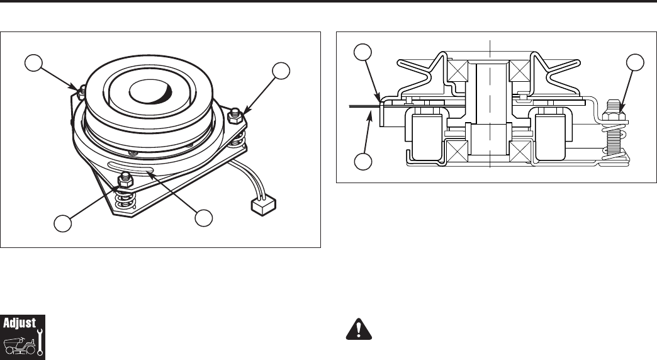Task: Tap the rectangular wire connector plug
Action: pos(261,205)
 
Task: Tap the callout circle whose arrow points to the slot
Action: pos(203,218)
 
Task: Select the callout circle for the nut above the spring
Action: pos(62,223)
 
